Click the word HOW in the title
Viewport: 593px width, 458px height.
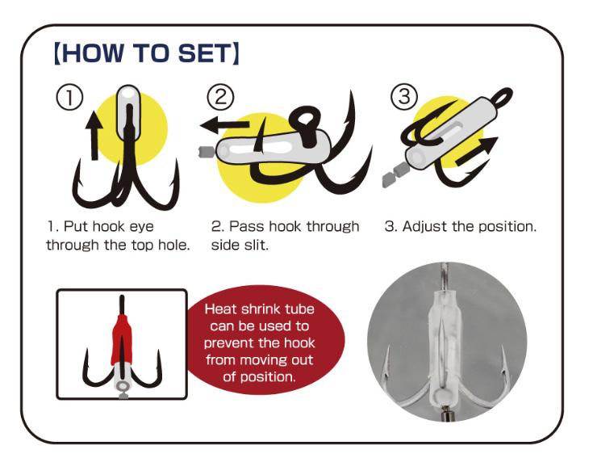91,53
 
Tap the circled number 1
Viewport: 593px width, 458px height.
70,97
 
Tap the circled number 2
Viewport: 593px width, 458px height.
220,96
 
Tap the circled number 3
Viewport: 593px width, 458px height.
404,96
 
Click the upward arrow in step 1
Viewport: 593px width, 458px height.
94,134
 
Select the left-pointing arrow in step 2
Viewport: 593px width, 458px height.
224,125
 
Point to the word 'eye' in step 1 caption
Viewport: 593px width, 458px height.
142,227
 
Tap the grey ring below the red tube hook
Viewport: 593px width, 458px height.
122,386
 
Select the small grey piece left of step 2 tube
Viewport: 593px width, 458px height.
207,152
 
